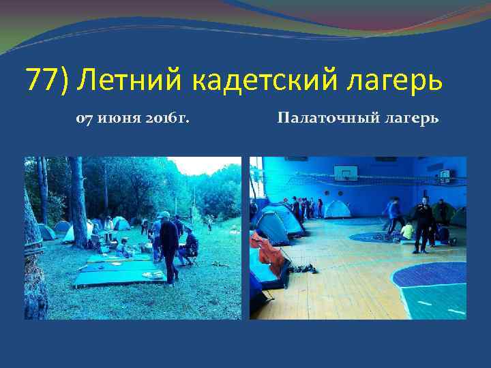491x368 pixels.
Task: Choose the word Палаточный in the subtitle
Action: pyautogui.click(x=320, y=119)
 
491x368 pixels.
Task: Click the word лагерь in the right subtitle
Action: pyautogui.click(x=410, y=119)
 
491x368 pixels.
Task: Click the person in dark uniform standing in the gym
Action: pyautogui.click(x=423, y=224)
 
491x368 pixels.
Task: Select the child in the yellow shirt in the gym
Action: pyautogui.click(x=407, y=232)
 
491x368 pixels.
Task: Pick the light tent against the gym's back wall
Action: pyautogui.click(x=338, y=209)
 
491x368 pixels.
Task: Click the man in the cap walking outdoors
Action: pyautogui.click(x=168, y=245)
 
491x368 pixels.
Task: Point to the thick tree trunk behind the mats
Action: pyautogui.click(x=79, y=198)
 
